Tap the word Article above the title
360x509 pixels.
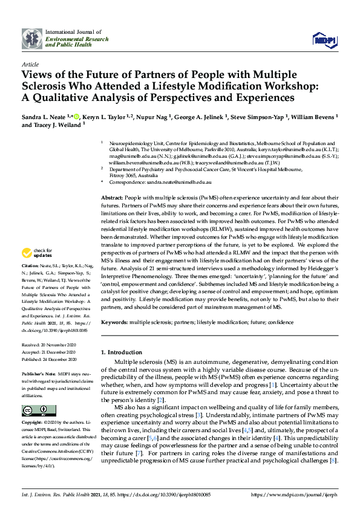pyautogui.click(x=30, y=63)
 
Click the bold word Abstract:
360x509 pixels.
pyautogui.click(x=112, y=198)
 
